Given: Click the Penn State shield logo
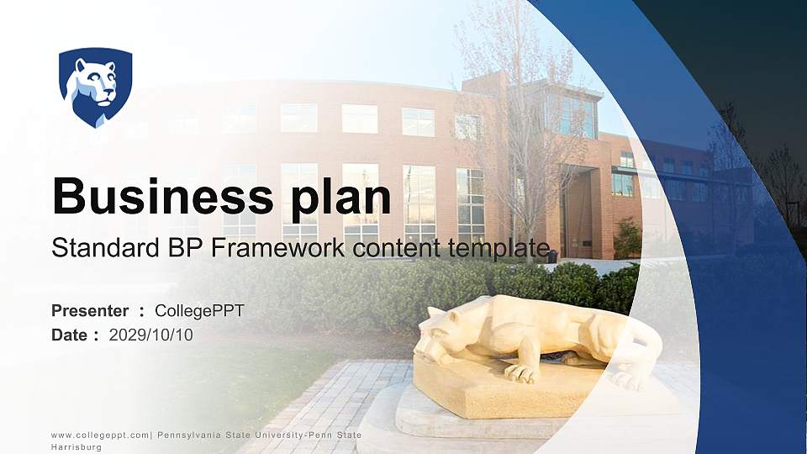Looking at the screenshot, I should pyautogui.click(x=95, y=87).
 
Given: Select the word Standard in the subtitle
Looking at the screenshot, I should pyautogui.click(x=95, y=248).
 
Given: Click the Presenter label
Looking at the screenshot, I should pyautogui.click(x=90, y=311).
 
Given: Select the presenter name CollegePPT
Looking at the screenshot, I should pyautogui.click(x=199, y=311).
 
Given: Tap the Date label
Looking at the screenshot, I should pyautogui.click(x=69, y=335).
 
